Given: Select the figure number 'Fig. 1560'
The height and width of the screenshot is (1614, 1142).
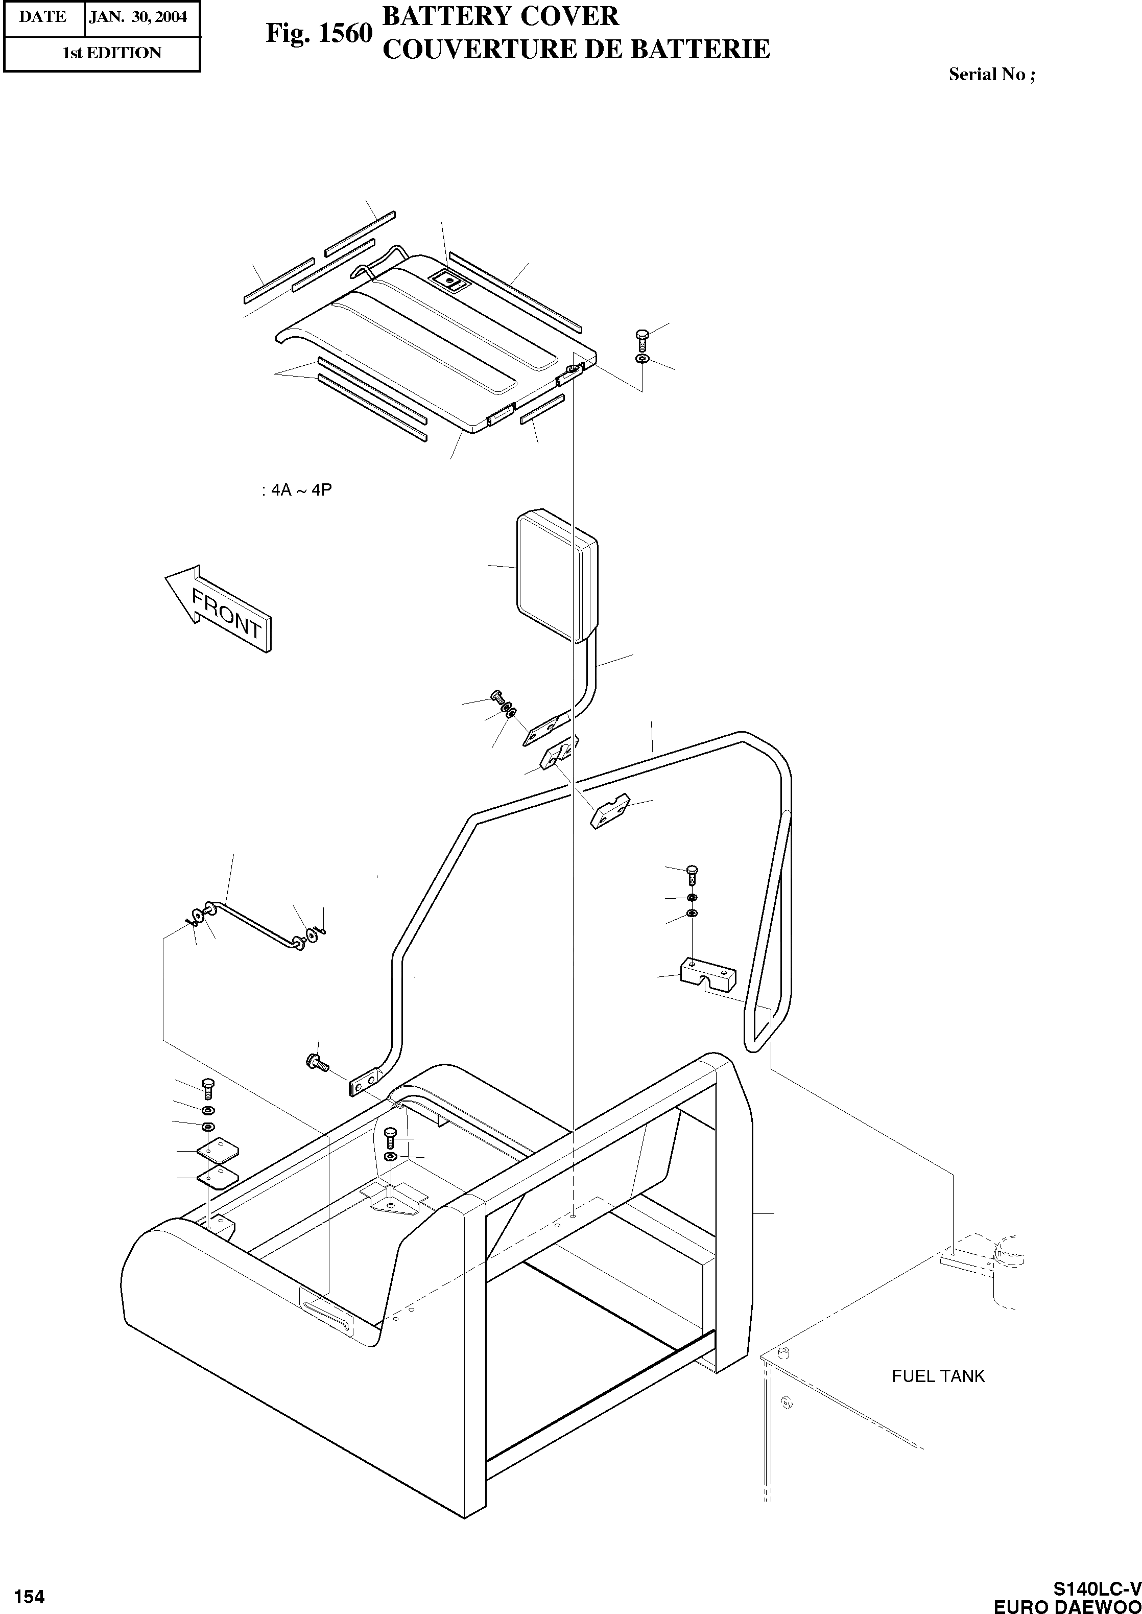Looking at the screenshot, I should pos(319,33).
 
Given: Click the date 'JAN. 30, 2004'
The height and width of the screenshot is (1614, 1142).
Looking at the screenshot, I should pos(138,17).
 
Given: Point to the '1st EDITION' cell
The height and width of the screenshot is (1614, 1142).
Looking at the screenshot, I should pos(111,53).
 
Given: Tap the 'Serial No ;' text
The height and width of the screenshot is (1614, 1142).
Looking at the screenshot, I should pos(991,75).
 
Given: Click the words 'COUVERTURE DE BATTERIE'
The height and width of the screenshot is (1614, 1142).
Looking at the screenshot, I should pos(576,49).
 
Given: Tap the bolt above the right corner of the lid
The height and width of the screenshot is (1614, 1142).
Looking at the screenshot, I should pos(640,340).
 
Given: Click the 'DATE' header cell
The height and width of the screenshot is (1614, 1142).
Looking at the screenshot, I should pos(43,17).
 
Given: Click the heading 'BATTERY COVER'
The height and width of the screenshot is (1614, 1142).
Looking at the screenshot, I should pos(500,15).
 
